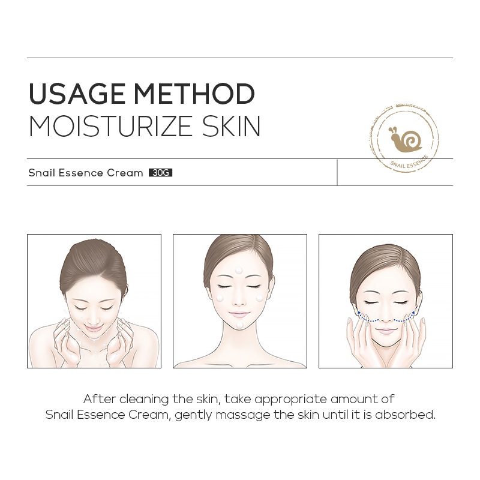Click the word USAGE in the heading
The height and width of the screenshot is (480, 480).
point(77,94)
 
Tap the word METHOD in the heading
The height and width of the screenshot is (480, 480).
point(194,94)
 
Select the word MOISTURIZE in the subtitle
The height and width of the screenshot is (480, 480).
point(110,126)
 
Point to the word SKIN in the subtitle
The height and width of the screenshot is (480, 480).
point(231,126)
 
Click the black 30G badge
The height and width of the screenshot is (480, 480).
point(160,173)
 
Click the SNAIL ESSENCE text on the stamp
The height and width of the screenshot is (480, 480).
point(409,162)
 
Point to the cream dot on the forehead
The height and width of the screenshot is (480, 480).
point(238,271)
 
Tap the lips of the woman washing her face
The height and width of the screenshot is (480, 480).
point(92,328)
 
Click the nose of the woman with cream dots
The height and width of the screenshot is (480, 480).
point(239,302)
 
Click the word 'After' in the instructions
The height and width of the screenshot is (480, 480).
point(100,399)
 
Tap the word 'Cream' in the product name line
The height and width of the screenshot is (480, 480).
point(125,173)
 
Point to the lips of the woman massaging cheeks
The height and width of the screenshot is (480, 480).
point(383,331)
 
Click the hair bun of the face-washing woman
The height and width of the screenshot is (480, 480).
point(92,263)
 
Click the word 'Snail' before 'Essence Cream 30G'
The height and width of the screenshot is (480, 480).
point(42,173)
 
